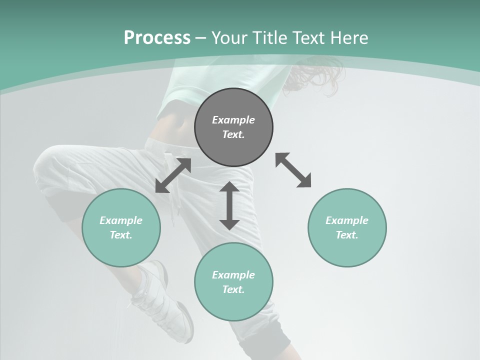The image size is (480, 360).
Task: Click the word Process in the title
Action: tap(157, 38)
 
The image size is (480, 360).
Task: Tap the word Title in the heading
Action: tap(270, 38)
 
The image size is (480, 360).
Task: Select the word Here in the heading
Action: tap(348, 38)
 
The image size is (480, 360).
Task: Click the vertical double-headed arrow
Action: tap(229, 205)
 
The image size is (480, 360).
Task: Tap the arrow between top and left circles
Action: tap(173, 175)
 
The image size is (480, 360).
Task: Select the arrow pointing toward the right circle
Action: tap(293, 170)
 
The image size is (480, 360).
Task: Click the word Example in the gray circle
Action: tap(233, 120)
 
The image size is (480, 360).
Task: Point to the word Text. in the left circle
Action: tap(121, 235)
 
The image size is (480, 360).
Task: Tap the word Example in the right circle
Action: tap(347, 220)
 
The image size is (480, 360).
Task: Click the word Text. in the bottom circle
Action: tap(233, 289)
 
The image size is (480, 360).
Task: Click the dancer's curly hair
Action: tap(315, 75)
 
